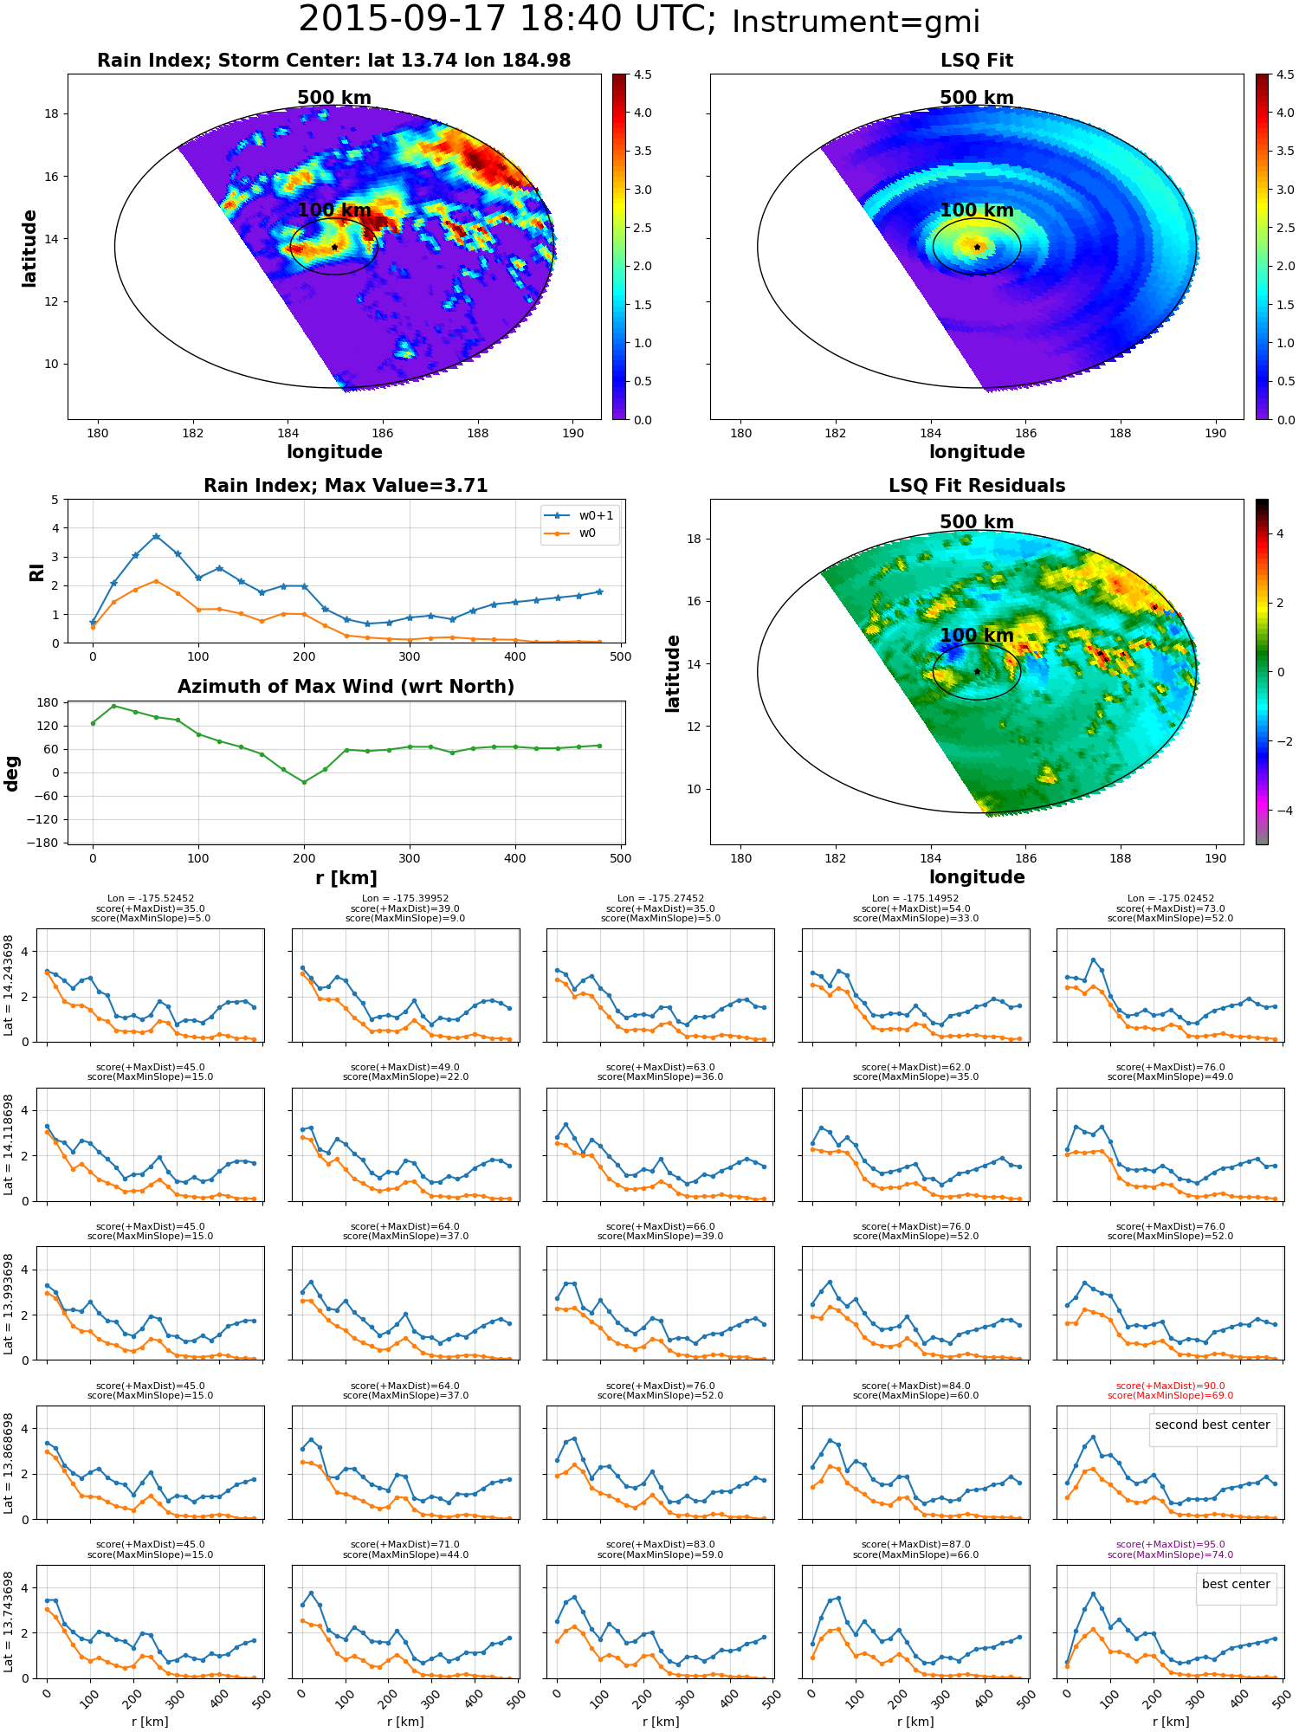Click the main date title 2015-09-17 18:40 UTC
[507, 20]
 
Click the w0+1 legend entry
[579, 515]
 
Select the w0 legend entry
[571, 533]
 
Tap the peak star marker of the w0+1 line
[156, 536]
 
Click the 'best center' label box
[1236, 1584]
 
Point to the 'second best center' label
[1212, 1425]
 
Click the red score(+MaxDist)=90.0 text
[1170, 1386]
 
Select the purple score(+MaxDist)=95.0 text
[1170, 1544]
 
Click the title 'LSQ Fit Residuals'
[977, 485]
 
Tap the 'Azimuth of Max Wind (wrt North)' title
[346, 686]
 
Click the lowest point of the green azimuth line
[304, 782]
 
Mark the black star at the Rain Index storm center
[334, 247]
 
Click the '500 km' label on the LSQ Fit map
[977, 98]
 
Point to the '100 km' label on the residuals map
[977, 635]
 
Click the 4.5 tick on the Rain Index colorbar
[643, 74]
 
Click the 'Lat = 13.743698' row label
[9, 1622]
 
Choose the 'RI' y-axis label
[36, 572]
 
